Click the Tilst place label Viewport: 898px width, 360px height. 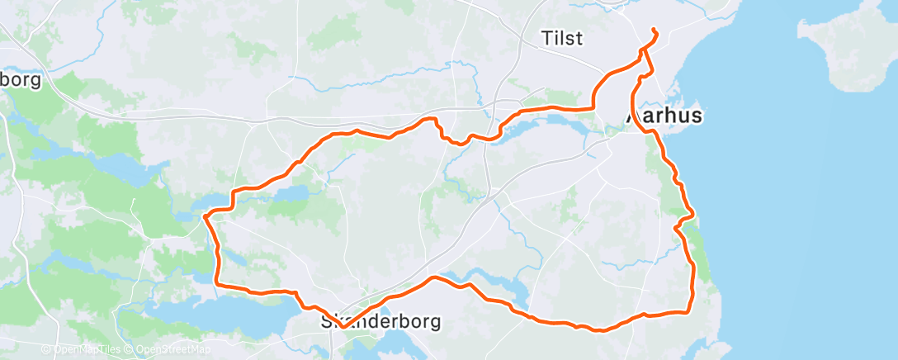[x=563, y=38]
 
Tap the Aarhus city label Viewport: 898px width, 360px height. [x=665, y=116]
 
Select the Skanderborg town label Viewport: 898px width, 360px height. [x=380, y=321]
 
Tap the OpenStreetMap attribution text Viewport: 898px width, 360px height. [x=169, y=350]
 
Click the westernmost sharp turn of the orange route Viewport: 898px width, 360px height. [x=205, y=216]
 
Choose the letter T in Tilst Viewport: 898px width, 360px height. [x=546, y=38]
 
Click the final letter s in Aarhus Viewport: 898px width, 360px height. [x=697, y=116]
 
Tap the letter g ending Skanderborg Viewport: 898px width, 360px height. [x=435, y=323]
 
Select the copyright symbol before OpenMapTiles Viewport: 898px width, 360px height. [x=46, y=350]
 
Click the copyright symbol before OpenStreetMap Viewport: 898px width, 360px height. [x=130, y=350]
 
